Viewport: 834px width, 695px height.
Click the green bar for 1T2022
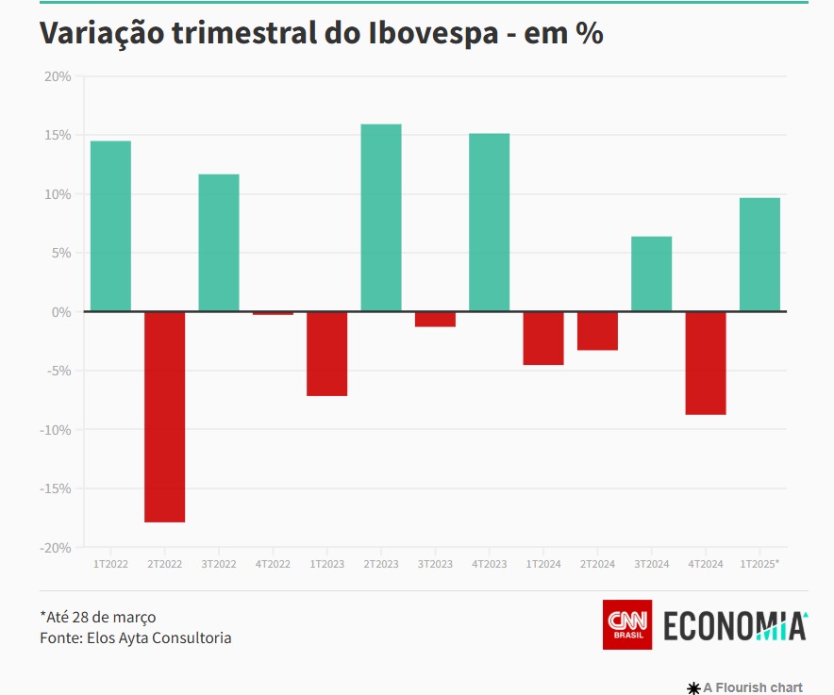[110, 226]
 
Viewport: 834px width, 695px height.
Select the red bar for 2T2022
[164, 417]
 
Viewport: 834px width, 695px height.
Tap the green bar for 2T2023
[381, 218]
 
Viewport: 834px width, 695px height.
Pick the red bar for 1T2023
[326, 354]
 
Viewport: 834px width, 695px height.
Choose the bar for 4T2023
[490, 223]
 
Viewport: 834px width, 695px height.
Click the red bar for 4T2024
[706, 363]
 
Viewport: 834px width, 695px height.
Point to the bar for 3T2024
[652, 273]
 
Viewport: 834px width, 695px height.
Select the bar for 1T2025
[759, 255]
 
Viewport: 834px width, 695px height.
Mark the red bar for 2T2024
[597, 331]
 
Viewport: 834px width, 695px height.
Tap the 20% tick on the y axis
[58, 76]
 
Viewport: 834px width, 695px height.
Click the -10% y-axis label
[55, 430]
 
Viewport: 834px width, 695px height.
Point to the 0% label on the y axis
[61, 312]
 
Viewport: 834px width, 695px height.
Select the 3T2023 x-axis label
[435, 564]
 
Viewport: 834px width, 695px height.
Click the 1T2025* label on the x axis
[759, 564]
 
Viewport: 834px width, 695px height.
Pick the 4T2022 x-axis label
[273, 564]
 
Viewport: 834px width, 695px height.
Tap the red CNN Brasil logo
[627, 624]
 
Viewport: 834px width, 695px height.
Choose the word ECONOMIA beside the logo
[735, 626]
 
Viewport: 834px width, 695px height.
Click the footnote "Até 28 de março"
[98, 617]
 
